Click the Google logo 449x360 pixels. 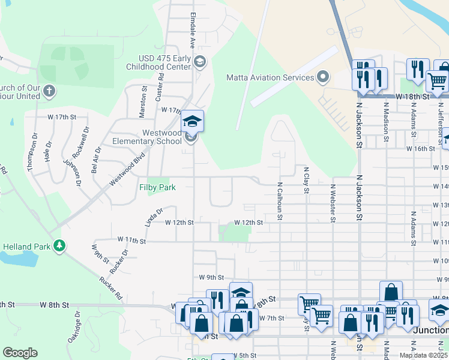point(20,353)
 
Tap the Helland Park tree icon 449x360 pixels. point(59,245)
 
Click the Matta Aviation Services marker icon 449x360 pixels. point(323,77)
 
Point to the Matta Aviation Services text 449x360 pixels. point(270,77)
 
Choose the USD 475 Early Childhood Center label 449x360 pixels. point(162,62)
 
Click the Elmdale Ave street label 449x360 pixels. point(193,30)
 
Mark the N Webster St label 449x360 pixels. point(332,203)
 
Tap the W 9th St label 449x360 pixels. point(211,278)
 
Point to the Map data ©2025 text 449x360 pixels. point(423,355)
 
